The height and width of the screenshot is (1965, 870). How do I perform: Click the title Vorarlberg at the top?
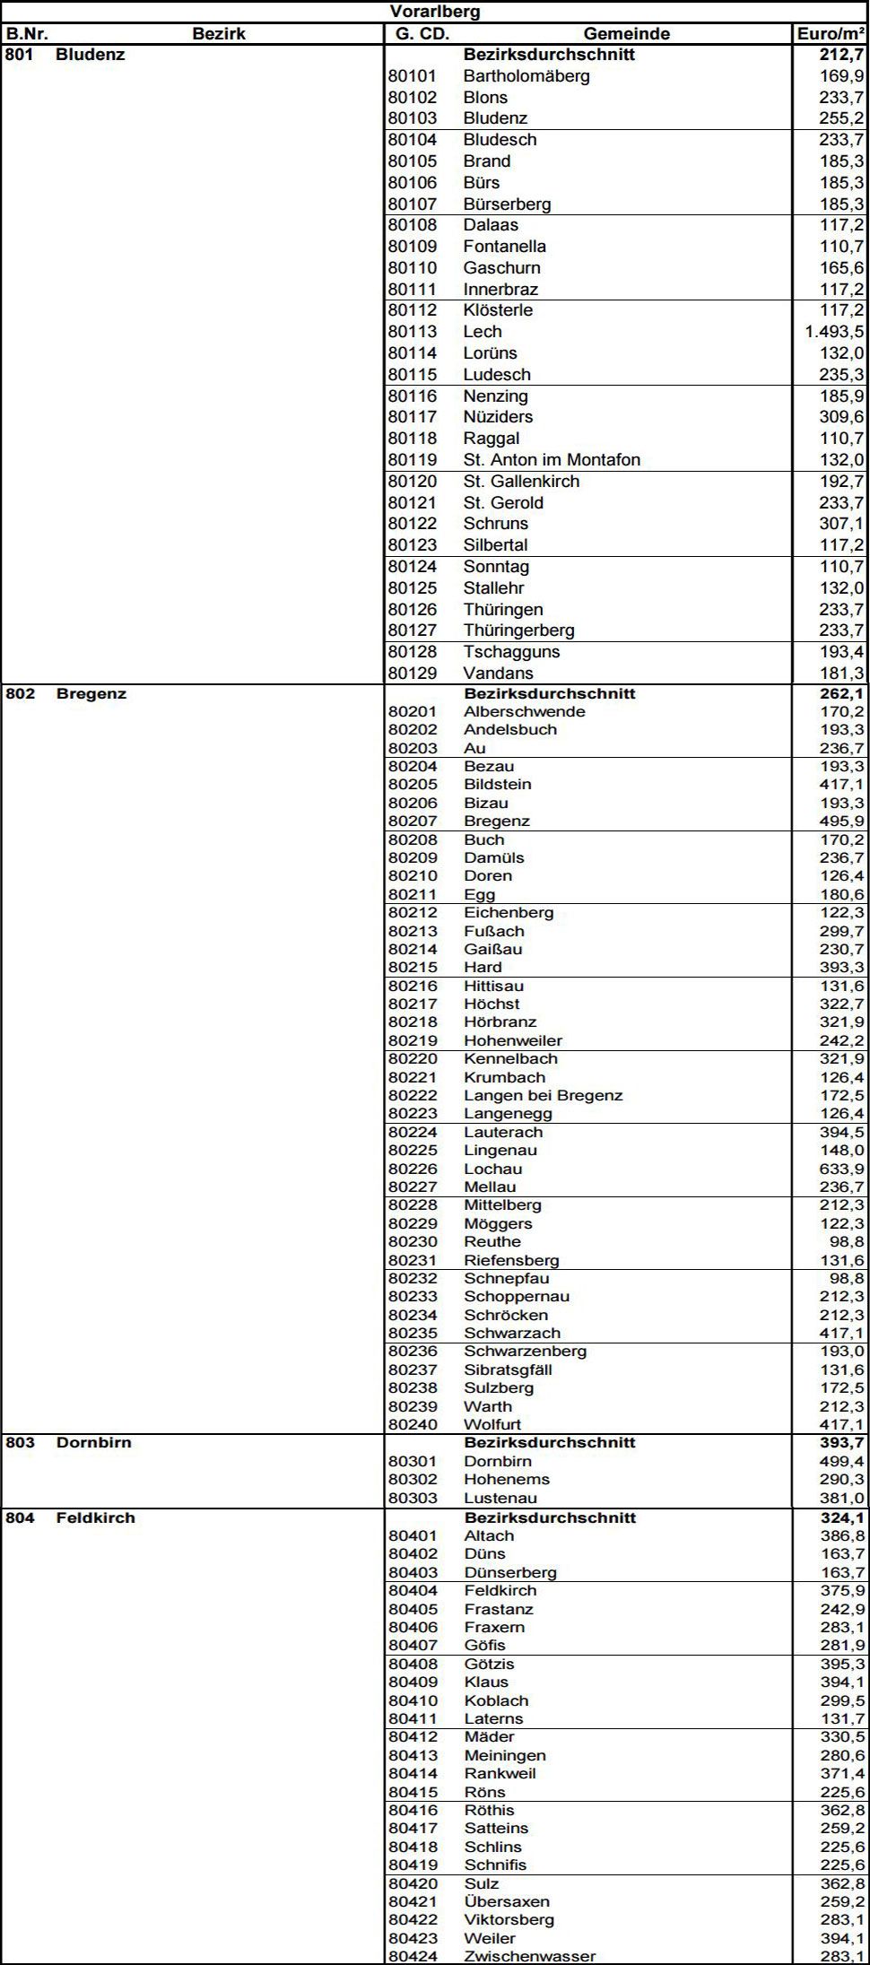435,12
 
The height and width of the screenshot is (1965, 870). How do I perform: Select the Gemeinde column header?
626,34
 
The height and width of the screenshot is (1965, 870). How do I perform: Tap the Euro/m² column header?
831,34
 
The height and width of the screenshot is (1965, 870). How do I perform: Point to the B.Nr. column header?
27,34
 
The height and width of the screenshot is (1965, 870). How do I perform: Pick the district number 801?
20,55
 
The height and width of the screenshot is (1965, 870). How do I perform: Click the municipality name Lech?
483,332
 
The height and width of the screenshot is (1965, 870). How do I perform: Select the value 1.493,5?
834,332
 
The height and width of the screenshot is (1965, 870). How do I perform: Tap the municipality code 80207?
413,822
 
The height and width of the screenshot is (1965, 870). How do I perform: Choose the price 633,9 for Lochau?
841,1169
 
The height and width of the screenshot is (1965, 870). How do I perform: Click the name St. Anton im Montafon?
552,460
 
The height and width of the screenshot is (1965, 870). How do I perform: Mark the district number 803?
20,1443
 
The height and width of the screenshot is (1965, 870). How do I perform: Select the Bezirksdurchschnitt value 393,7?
841,1443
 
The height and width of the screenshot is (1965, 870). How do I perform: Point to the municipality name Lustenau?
500,1499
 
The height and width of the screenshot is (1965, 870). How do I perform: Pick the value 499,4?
841,1462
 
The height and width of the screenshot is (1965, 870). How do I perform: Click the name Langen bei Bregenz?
543,1096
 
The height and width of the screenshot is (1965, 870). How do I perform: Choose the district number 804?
20,1518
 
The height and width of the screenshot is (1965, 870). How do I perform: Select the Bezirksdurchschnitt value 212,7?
841,55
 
